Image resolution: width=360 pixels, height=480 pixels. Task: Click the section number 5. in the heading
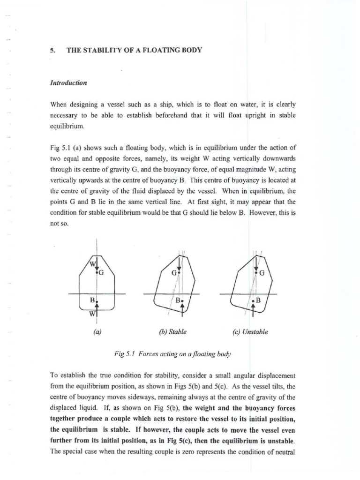[51, 49]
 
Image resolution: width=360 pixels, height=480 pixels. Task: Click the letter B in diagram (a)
[92, 299]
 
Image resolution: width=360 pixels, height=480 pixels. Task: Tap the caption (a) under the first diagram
[97, 331]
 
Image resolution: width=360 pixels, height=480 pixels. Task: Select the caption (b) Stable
[173, 331]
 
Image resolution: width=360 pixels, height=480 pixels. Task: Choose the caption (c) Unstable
[250, 331]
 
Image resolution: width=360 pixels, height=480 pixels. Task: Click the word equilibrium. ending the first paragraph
[64, 127]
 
